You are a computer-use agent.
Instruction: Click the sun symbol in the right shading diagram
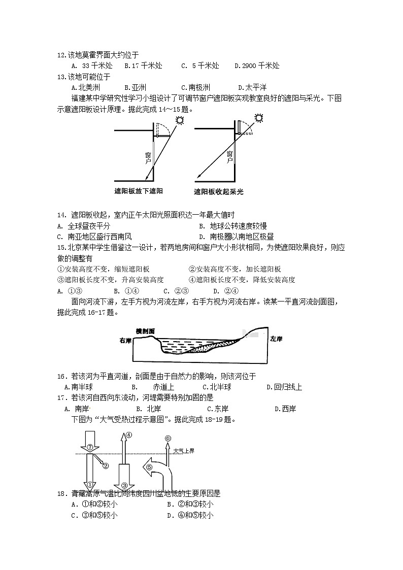tap(259, 118)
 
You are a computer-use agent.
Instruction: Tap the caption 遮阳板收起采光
tap(219, 192)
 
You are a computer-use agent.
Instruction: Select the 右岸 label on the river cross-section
tap(125, 340)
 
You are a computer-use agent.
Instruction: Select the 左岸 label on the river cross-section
tap(276, 339)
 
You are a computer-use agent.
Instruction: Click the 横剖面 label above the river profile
tap(146, 331)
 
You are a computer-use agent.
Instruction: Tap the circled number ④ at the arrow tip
tap(129, 435)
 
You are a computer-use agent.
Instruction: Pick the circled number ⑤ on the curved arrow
tap(149, 467)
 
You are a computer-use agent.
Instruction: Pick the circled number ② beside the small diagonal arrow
tap(106, 465)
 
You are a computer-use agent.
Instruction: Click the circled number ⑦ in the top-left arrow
tap(89, 447)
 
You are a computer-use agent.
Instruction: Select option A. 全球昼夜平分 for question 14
tap(83, 226)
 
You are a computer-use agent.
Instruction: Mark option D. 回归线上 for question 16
tap(284, 387)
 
